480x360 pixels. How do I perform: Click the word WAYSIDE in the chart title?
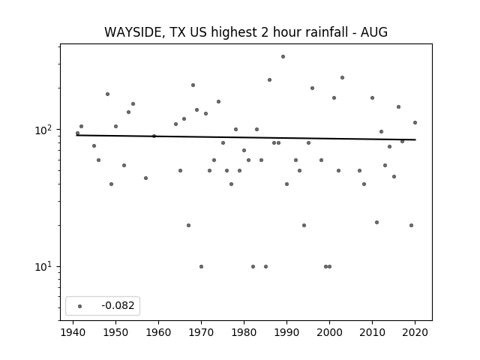tap(133, 32)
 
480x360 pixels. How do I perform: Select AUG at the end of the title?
tap(374, 32)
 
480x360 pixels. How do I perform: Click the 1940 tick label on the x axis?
tap(73, 332)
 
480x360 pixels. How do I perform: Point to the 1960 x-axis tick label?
tap(158, 332)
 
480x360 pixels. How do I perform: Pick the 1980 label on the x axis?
tap(244, 332)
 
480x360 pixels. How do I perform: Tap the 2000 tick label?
tap(329, 332)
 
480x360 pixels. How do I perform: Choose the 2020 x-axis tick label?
tap(415, 332)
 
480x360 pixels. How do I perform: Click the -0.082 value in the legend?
tap(118, 305)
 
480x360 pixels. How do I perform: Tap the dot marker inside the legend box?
tap(80, 306)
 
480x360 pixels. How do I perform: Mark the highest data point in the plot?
tap(283, 57)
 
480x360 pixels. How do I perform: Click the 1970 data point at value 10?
tap(201, 267)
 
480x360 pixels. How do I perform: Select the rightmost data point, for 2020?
tap(415, 122)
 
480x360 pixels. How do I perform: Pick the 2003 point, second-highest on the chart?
tap(342, 78)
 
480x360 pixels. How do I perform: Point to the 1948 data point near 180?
tap(107, 94)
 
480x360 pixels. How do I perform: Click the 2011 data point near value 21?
tap(376, 222)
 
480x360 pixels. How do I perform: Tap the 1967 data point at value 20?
tap(188, 225)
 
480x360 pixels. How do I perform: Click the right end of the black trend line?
tap(415, 139)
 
